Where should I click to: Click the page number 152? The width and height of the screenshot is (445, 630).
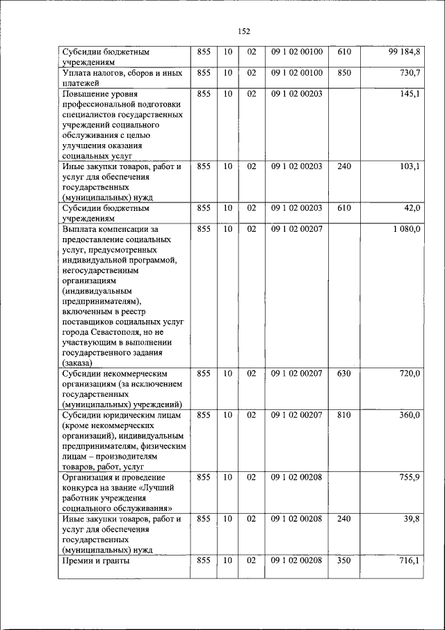pos(243,31)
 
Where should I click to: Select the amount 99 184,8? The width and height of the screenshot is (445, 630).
pos(404,52)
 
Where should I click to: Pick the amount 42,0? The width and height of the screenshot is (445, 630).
pos(411,208)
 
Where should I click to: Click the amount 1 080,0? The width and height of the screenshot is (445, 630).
pos(406,229)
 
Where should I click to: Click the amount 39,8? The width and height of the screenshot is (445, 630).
pos(411,519)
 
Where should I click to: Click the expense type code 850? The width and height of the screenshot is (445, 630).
pos(344,73)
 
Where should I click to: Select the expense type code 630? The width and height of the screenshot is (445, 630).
pos(344,374)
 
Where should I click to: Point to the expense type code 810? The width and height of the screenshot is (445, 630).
pos(344,416)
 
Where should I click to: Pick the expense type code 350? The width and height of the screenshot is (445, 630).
pos(344,561)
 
